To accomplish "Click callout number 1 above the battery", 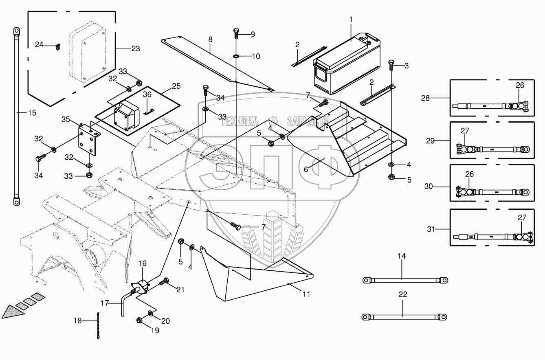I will [x=351, y=20].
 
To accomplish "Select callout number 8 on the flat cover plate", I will [x=210, y=40].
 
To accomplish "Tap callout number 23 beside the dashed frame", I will [x=135, y=48].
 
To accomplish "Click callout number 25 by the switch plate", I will [x=176, y=86].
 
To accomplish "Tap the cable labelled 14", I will [x=405, y=280].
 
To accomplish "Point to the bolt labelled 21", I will [x=165, y=281].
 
